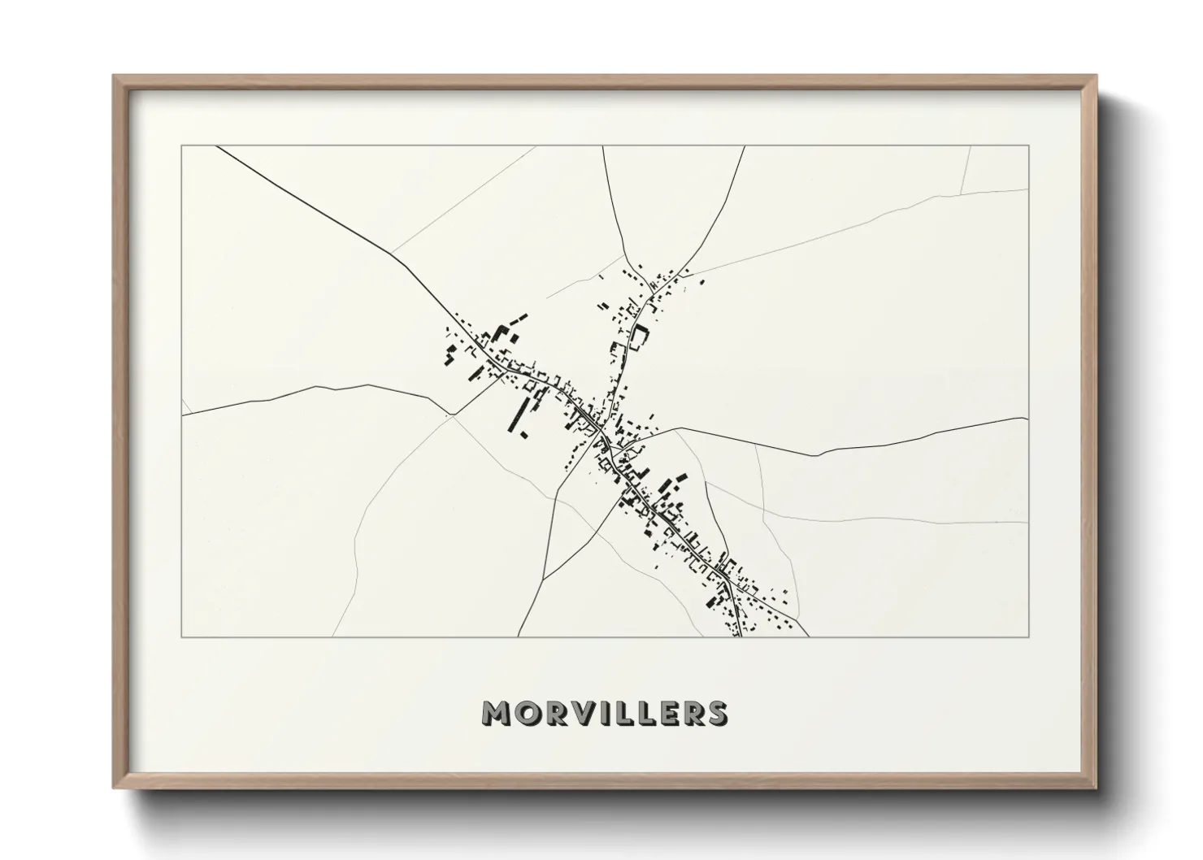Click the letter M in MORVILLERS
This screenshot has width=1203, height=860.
[497, 713]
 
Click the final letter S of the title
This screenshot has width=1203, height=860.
[716, 713]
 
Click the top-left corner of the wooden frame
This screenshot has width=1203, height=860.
[114, 76]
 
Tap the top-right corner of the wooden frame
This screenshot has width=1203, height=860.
[1097, 76]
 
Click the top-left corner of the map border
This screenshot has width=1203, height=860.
[182, 146]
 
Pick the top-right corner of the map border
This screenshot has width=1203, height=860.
[1029, 146]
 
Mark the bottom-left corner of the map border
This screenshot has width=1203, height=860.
[182, 637]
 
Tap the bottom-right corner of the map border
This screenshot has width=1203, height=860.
[1029, 637]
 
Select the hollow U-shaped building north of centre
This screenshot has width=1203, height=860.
[640, 337]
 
